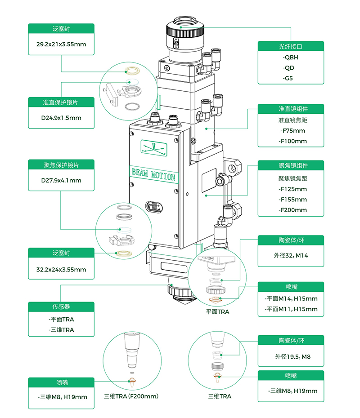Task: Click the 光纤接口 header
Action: (x=291, y=46)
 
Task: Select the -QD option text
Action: (x=288, y=68)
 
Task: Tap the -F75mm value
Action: (x=292, y=131)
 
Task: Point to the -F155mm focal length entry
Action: (x=292, y=200)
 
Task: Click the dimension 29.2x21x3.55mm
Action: (x=61, y=44)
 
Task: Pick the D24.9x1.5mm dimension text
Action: (x=61, y=118)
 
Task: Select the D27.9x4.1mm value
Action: (x=61, y=181)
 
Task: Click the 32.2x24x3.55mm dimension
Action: (x=61, y=270)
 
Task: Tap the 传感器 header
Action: (x=61, y=307)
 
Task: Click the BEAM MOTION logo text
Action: (x=153, y=174)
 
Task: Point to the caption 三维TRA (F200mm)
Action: (x=131, y=396)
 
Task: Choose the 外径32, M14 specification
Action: (x=291, y=256)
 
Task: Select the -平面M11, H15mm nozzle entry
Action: (x=291, y=309)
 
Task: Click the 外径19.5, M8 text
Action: (x=293, y=357)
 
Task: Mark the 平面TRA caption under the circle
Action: (x=217, y=311)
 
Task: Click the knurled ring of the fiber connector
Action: (x=185, y=32)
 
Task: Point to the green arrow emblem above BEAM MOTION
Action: (x=154, y=148)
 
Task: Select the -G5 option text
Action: (x=288, y=78)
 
